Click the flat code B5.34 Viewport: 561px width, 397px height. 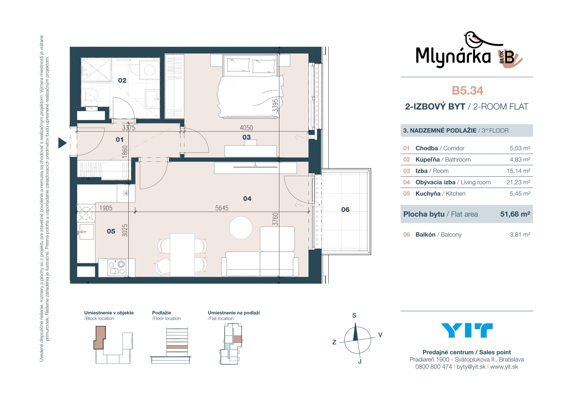point(467,91)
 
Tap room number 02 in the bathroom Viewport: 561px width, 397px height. point(122,80)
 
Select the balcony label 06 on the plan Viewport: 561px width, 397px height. point(345,209)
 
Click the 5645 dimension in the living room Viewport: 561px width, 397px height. point(222,208)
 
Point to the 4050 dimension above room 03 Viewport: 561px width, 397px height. point(246,128)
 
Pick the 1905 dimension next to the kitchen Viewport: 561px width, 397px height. point(106,208)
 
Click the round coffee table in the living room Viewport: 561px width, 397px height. point(241,228)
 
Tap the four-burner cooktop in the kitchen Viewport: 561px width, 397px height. point(117,268)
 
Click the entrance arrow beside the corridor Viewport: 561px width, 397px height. point(62,143)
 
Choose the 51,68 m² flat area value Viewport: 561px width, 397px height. point(515,214)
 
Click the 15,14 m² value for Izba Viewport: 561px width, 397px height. point(518,171)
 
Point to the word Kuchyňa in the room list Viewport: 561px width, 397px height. point(428,194)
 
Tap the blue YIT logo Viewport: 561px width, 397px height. point(467,330)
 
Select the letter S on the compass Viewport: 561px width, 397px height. point(354,315)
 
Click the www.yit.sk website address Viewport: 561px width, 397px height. point(504,367)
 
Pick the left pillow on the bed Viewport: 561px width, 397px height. point(238,65)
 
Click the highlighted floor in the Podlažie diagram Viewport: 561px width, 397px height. point(177,347)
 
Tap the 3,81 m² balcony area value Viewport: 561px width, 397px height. point(520,235)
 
